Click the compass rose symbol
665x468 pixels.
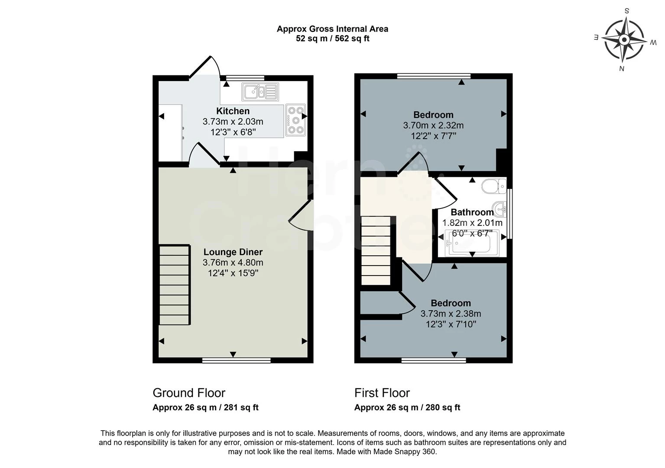[x=624, y=40]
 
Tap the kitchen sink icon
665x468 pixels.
[x=260, y=91]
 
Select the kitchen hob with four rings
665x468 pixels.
[x=296, y=120]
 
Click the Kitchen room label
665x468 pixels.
[x=233, y=111]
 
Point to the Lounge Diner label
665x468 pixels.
[x=233, y=252]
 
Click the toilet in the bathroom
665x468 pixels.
[x=494, y=186]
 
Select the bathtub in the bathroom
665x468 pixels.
[x=472, y=245]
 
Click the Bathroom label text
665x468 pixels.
[x=472, y=212]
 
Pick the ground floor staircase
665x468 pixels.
[x=175, y=285]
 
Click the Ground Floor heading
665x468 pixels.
[x=189, y=393]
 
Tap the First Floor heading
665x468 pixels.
[x=382, y=393]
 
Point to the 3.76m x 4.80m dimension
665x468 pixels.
[x=233, y=263]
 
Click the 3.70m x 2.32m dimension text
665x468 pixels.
[x=433, y=126]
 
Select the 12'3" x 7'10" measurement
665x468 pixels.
[x=451, y=324]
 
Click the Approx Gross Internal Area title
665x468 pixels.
[x=332, y=29]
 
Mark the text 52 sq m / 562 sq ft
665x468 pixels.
[x=332, y=39]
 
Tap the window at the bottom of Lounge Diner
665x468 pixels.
[x=236, y=360]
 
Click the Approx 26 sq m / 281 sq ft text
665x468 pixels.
[x=205, y=408]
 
